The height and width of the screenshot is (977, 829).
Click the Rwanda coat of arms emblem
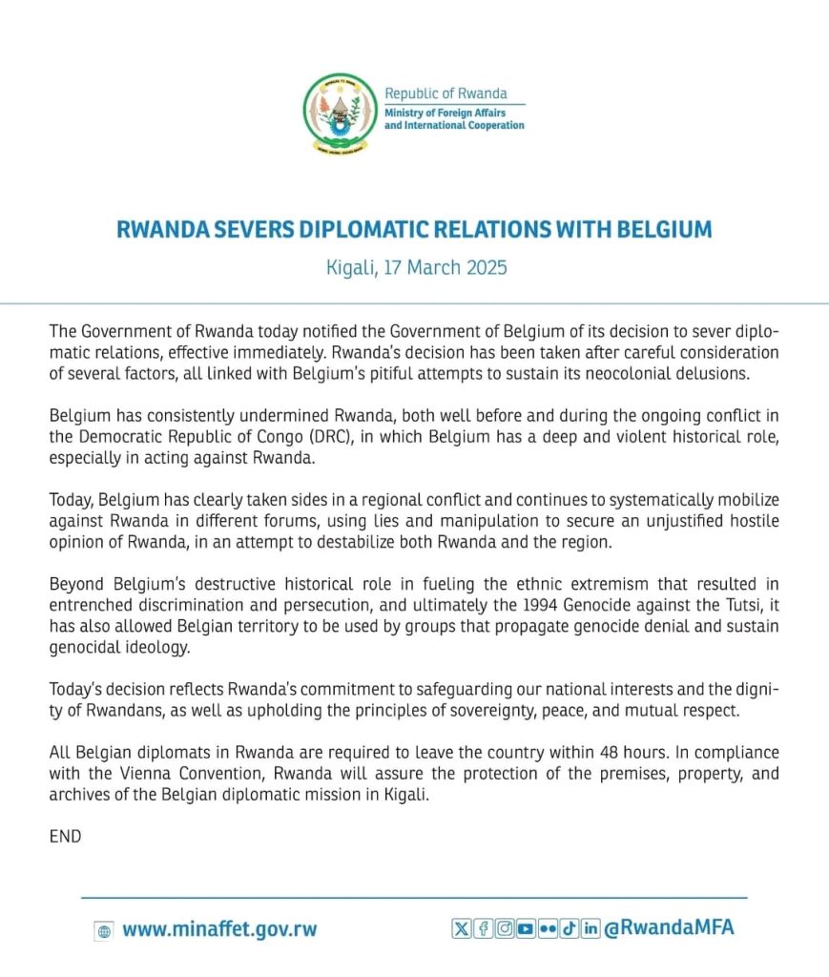339,114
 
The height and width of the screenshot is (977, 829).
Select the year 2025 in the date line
483,267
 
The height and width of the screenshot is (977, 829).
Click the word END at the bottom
65,837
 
